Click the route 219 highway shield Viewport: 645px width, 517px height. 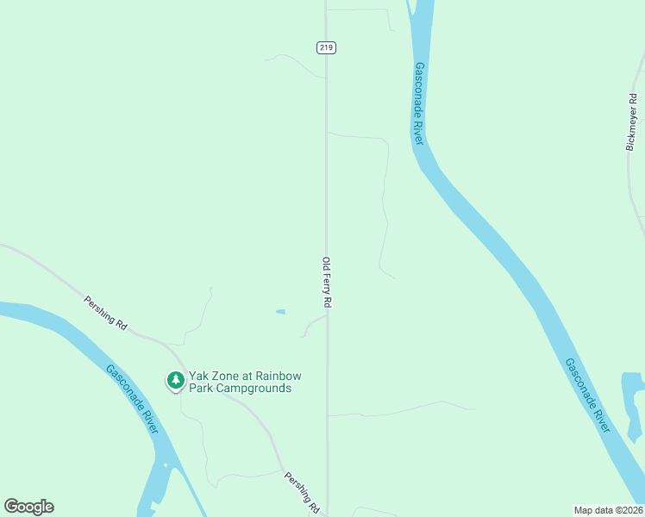325,47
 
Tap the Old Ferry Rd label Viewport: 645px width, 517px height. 327,283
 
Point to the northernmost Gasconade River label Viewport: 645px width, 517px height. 419,103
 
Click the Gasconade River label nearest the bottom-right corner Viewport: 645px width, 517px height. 587,396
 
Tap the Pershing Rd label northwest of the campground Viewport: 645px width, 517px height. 105,313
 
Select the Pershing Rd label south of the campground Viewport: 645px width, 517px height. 302,493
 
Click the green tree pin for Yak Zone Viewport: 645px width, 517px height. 175,380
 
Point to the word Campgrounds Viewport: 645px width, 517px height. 255,388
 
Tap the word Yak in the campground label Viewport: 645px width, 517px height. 199,376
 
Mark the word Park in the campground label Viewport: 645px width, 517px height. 203,388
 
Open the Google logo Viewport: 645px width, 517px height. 28,507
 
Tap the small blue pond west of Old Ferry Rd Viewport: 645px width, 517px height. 280,311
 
